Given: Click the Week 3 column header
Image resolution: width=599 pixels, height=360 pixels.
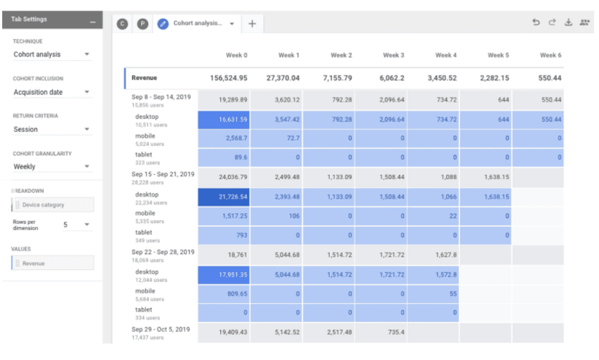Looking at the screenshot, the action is click(393, 55).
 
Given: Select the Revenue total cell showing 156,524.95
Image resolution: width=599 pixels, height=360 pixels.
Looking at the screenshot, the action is click(229, 78).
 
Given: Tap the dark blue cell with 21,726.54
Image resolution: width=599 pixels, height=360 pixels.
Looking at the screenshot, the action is click(224, 196).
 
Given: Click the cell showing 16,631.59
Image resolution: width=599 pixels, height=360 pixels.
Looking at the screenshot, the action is click(224, 119).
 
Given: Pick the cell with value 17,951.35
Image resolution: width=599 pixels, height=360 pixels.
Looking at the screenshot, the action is click(224, 275).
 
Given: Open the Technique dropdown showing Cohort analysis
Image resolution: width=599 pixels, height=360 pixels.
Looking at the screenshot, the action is click(52, 54).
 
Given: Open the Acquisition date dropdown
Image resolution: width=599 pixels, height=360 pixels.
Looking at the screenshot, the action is click(52, 92).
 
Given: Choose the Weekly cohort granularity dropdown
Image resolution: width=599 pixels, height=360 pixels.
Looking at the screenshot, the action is click(52, 166).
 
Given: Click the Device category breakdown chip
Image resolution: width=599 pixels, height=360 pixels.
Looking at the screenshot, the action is click(53, 205).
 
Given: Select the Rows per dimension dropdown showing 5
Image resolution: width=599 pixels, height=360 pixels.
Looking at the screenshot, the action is click(76, 225).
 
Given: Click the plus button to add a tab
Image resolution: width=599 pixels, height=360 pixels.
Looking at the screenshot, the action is click(252, 24).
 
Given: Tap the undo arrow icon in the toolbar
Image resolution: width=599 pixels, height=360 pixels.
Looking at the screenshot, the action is click(536, 22).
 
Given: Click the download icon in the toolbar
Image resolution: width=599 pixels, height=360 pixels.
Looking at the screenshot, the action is click(568, 22).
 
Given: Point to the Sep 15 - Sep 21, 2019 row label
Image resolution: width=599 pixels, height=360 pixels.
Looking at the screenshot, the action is click(163, 174).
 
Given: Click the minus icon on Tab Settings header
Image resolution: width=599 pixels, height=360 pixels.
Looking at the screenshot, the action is click(93, 22).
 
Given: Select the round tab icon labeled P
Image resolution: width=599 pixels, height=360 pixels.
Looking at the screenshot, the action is click(142, 24).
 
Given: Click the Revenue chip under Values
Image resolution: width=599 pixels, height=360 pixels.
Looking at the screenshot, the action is click(53, 263).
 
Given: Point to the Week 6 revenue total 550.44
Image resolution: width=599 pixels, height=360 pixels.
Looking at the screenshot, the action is click(550, 78).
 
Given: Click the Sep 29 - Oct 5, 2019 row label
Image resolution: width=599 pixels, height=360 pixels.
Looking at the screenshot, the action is click(161, 329).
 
